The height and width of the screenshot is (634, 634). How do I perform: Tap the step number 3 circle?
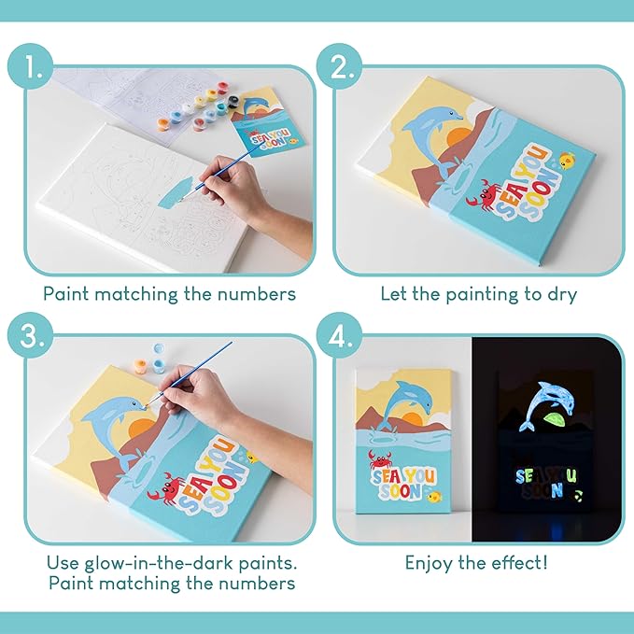click(34, 339)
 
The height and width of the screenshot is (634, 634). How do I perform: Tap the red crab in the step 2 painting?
click(489, 193)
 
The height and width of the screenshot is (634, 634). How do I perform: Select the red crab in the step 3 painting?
click(168, 487)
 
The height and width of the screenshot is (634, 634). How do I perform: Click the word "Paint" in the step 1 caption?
click(68, 293)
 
